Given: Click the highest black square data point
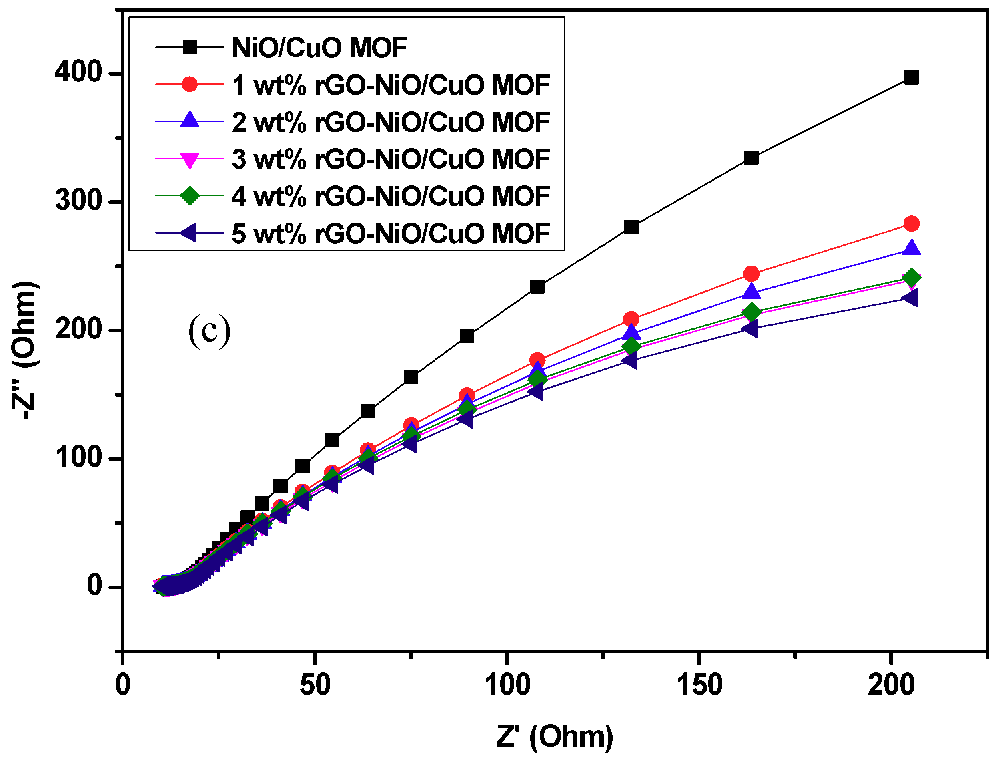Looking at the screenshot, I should (911, 78).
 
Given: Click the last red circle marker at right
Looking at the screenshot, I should (911, 223).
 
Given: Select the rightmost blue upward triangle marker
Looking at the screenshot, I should (911, 248).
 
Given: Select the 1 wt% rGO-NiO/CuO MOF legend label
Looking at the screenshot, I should (391, 85).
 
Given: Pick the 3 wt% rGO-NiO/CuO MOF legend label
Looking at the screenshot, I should (391, 159).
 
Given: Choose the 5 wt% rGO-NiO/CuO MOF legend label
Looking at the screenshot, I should (391, 234).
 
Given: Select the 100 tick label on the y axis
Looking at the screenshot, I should (78, 457).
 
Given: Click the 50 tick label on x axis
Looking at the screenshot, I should (315, 685).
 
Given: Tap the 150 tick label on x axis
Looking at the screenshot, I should (699, 685).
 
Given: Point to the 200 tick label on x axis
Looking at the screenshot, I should (891, 685).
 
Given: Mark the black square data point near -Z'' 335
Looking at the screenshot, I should (751, 158).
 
